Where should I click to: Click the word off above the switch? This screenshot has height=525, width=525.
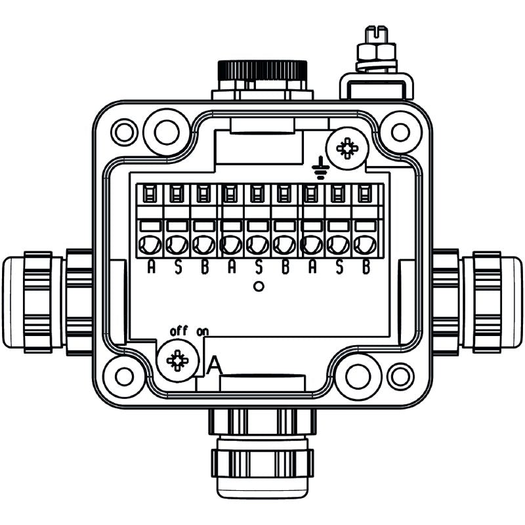point(178,331)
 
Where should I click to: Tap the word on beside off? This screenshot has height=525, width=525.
point(202,331)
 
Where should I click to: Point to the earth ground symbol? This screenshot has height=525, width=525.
point(320,168)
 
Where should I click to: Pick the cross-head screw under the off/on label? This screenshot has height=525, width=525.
point(177,360)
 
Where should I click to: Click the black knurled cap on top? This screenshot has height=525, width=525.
point(262,69)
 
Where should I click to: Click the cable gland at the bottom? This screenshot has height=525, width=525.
point(261,453)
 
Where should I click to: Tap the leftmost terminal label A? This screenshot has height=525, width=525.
point(151,268)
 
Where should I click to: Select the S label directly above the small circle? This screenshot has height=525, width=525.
point(258,268)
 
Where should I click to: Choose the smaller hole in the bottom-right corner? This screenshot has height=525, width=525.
point(400,376)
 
